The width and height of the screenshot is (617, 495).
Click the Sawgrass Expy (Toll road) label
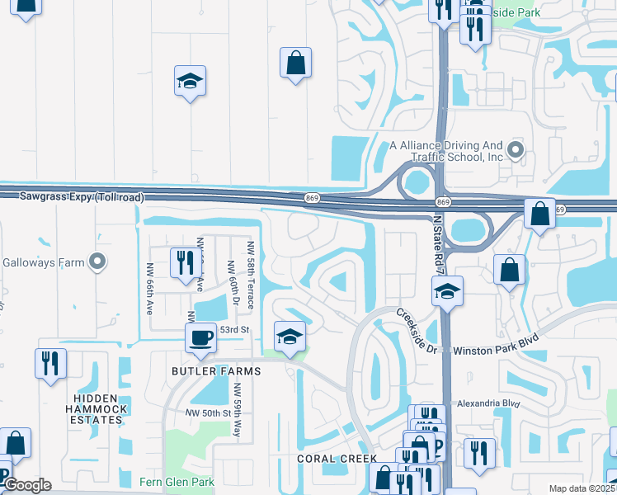point(72,197)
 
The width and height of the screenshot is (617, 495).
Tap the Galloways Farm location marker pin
point(97,262)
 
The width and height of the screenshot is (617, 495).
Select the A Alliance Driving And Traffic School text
point(446,150)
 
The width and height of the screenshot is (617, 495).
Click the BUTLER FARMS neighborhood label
point(217,371)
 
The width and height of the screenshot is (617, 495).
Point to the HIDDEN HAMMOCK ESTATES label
point(97,408)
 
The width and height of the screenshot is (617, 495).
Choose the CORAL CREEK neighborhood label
point(337,459)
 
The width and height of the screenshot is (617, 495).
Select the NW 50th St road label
point(205,412)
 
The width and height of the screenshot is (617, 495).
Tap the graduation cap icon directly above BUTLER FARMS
point(290,337)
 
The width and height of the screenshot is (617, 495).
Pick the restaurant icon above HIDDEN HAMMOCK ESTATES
point(50,364)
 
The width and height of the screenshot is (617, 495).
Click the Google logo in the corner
point(26,485)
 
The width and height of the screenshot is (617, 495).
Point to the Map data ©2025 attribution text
point(582,488)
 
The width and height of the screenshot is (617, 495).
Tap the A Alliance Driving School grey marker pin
point(516,149)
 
